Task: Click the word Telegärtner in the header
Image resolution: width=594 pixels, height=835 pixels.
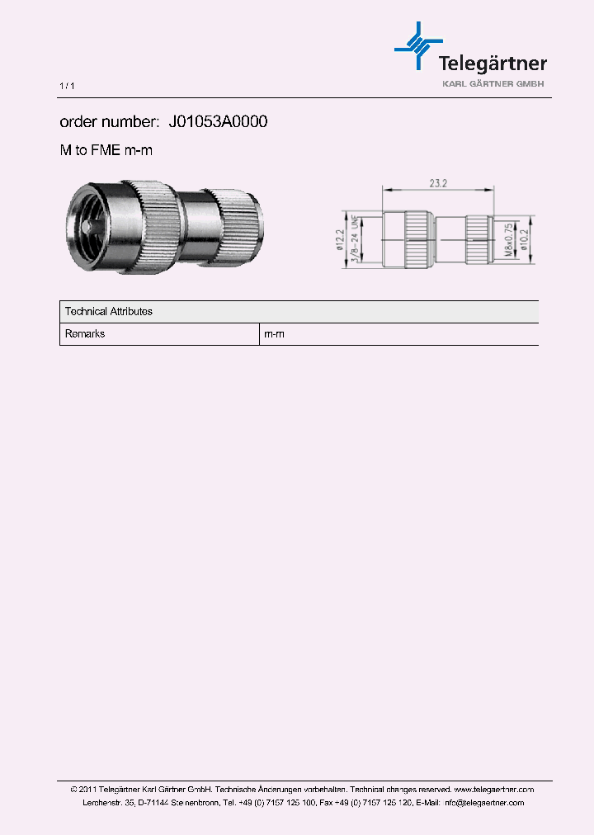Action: pyautogui.click(x=492, y=64)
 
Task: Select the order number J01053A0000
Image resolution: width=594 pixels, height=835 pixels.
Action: pyautogui.click(x=218, y=122)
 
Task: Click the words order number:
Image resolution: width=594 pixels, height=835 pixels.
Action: pyautogui.click(x=109, y=122)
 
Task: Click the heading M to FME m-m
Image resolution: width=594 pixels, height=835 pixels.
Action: pyautogui.click(x=106, y=150)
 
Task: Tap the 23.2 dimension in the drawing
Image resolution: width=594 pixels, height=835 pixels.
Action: pyautogui.click(x=437, y=183)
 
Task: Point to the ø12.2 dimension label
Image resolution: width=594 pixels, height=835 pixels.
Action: pyautogui.click(x=340, y=239)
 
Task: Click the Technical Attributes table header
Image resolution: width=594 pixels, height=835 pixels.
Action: pyautogui.click(x=108, y=312)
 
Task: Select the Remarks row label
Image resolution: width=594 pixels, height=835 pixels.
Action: pyautogui.click(x=85, y=334)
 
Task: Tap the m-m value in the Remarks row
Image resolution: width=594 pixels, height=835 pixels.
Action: pyautogui.click(x=274, y=334)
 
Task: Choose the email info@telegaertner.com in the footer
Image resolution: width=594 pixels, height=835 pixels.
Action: pyautogui.click(x=483, y=803)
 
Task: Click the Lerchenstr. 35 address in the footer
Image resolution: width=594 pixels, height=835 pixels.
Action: pyautogui.click(x=108, y=803)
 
